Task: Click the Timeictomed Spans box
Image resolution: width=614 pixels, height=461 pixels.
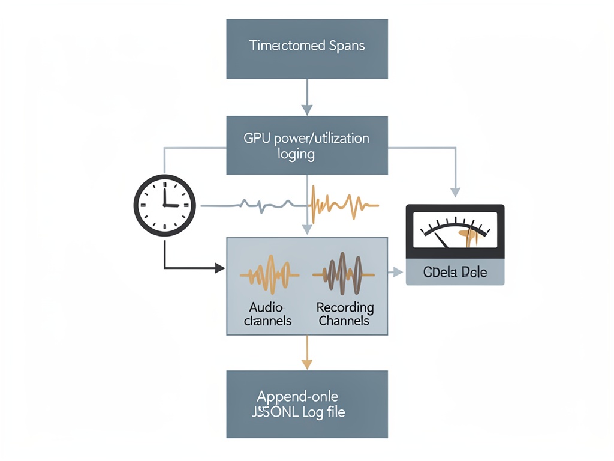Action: [307, 49]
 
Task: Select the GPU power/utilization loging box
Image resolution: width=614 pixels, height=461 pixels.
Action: [307, 146]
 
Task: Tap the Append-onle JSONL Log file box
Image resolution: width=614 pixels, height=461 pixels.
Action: [307, 404]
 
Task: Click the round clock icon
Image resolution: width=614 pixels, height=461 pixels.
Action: [164, 205]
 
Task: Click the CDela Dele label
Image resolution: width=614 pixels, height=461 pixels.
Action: [455, 273]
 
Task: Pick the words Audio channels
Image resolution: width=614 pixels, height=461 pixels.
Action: [267, 314]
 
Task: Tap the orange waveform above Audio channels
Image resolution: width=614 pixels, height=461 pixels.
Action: [269, 274]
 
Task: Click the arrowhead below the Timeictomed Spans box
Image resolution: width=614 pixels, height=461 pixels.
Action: [307, 110]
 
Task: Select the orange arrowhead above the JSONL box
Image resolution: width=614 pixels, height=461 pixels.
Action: [307, 364]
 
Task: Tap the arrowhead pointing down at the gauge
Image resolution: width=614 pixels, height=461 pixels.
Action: [455, 192]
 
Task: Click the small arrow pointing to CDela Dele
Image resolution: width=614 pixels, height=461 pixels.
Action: [398, 273]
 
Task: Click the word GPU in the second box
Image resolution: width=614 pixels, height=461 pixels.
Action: [254, 138]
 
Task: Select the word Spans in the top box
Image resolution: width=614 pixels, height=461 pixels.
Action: [347, 46]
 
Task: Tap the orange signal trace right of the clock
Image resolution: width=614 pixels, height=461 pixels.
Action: [345, 203]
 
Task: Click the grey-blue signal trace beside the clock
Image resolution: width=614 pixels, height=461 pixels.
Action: [258, 205]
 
